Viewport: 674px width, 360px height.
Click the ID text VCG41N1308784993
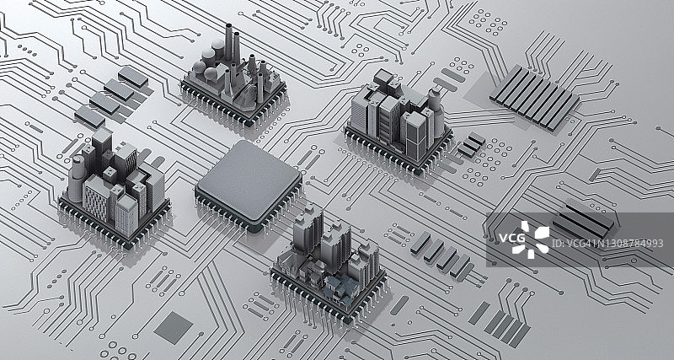pos(607,244)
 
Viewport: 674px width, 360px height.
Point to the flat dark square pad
pos(174,328)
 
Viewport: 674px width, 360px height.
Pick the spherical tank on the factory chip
pos(209,56)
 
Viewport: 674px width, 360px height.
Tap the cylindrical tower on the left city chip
pos(76,179)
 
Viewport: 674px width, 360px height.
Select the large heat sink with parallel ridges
pos(534,97)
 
